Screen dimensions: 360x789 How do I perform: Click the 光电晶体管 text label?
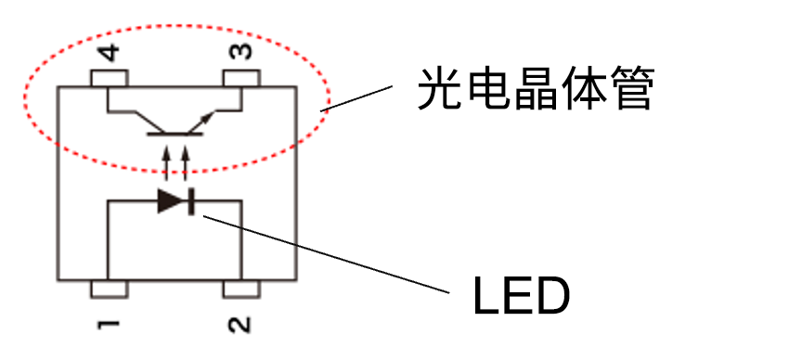click(x=536, y=90)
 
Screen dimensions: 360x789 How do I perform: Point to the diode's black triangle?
click(x=171, y=200)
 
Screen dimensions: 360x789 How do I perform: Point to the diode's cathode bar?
click(x=189, y=200)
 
